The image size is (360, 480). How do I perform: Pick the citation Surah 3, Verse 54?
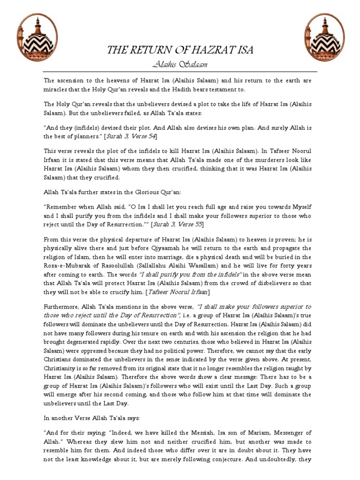[132, 136]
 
